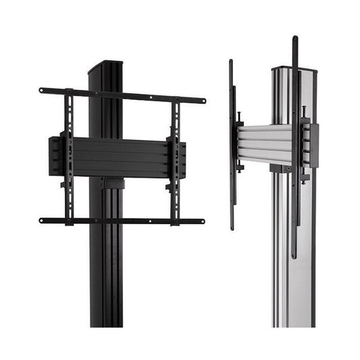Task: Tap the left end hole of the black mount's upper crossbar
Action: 42,90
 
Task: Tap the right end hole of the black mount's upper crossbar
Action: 203,101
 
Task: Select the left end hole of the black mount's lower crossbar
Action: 42,220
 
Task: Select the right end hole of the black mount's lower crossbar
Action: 201,221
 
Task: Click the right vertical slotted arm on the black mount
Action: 176,162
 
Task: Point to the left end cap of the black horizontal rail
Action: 54,156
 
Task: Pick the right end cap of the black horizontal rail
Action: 183,159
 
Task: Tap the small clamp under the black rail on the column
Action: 112,183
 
